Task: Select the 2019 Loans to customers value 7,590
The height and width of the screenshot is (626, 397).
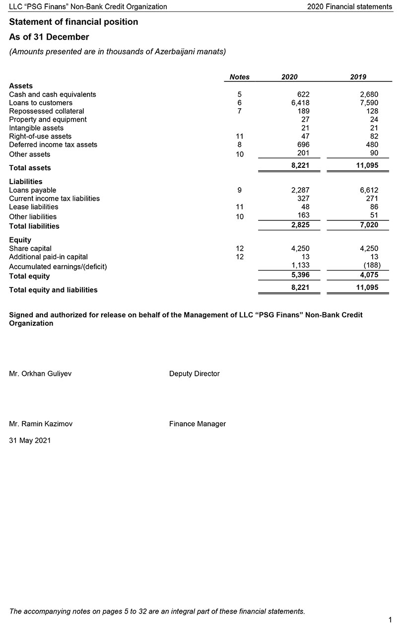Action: [368, 103]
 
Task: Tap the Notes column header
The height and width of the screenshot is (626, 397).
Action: [240, 77]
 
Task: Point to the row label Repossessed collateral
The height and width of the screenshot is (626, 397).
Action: [47, 111]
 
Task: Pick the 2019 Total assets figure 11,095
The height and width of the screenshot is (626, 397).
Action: [367, 165]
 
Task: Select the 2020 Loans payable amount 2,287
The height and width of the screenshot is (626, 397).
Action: [300, 190]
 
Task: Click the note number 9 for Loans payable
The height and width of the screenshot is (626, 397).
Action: [240, 190]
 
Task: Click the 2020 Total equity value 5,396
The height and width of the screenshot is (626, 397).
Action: [300, 274]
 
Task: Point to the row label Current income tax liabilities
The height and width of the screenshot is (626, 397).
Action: [54, 199]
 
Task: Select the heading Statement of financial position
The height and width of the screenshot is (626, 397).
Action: [73, 22]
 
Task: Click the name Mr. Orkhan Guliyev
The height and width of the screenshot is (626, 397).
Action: [40, 374]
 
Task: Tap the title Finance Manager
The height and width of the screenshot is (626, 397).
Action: [198, 424]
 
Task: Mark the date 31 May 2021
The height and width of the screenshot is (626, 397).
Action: [30, 440]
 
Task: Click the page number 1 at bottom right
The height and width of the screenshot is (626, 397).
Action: [390, 620]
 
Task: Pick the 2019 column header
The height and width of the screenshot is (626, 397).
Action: [358, 77]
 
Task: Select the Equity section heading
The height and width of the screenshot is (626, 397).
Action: [20, 240]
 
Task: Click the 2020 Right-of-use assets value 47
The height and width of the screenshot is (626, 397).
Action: [305, 136]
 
